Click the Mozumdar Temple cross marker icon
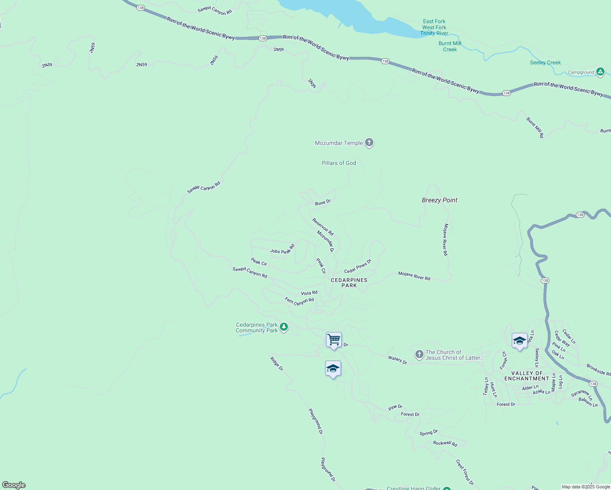coord(369,143)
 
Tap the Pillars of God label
coord(339,163)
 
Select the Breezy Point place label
coord(439,200)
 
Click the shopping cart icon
coord(334,340)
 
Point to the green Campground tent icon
coord(600,72)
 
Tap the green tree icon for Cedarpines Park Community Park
coord(284,327)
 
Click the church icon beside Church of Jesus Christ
coord(419,354)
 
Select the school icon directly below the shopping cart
coord(333,369)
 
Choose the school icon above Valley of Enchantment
coord(519,341)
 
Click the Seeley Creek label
coord(545,62)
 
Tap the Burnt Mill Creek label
coord(450,47)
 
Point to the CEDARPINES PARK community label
coord(349,283)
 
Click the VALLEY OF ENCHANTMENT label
coord(526,376)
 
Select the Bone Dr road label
coord(323,202)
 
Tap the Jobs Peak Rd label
coord(282,249)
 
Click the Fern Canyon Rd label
coord(299,301)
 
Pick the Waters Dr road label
coord(397,360)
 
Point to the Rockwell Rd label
coord(445,443)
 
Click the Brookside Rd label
coord(599,370)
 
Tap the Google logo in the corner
coord(14,485)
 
